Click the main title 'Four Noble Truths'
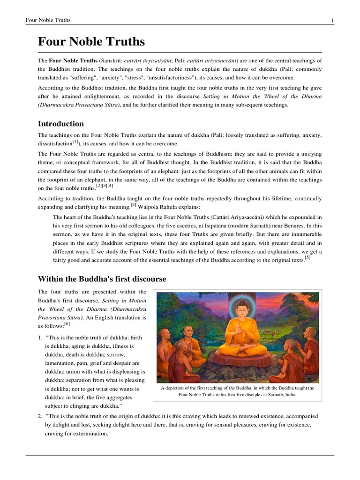[x=91, y=42]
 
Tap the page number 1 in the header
[x=332, y=20]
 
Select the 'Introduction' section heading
[x=60, y=124]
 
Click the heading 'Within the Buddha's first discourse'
[x=102, y=279]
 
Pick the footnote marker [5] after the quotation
[x=307, y=257]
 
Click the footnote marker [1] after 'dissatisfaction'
[x=75, y=142]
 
